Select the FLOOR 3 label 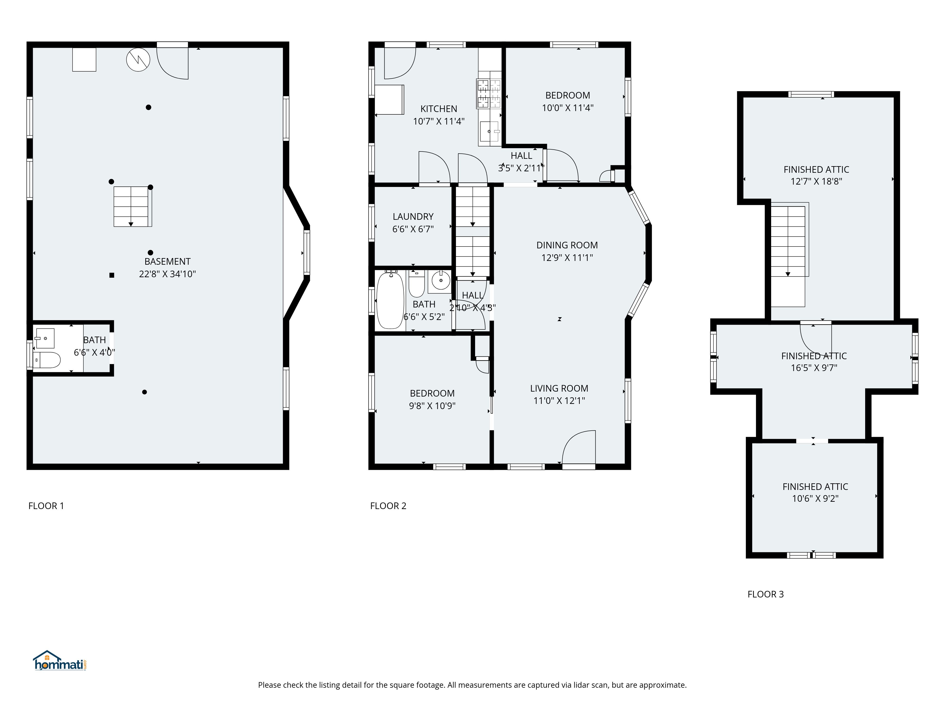coord(766,594)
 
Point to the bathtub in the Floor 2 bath coord(390,301)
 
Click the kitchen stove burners coord(489,94)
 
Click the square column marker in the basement coord(112,275)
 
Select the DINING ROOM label coord(567,245)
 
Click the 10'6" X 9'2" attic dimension coord(815,498)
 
